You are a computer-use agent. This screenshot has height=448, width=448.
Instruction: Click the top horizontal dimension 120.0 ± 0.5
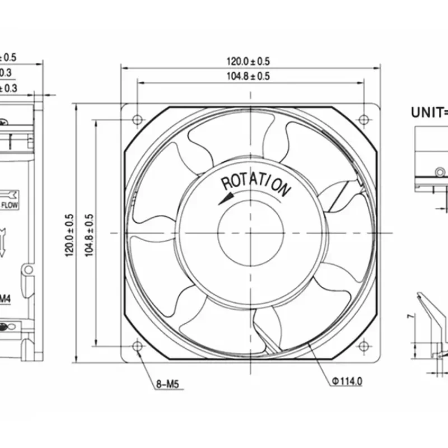pos(248,61)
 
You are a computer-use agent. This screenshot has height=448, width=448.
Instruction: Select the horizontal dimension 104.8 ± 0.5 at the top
pos(248,76)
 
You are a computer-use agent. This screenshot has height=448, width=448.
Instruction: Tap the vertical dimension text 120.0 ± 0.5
pos(69,235)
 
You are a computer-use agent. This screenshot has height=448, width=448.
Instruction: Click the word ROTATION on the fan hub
pos(256,185)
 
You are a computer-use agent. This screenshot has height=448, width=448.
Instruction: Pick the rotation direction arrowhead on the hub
pos(226,199)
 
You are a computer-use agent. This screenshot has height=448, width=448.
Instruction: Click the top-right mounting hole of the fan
pos(363,119)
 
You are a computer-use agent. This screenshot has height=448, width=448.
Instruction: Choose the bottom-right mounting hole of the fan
pos(363,346)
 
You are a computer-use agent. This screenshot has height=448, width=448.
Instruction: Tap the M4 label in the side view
pos(4,299)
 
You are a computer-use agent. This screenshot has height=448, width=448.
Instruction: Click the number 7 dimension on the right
pos(410,317)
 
